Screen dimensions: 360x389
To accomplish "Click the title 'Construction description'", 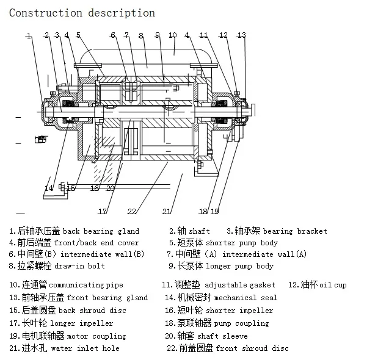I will (82, 13).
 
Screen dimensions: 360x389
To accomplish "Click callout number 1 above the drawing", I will (29, 36).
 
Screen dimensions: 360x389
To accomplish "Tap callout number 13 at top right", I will (242, 35).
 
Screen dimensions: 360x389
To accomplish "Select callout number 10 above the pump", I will (173, 35).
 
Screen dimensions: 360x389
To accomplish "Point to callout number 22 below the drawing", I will (131, 211).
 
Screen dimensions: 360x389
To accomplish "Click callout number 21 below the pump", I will (166, 211).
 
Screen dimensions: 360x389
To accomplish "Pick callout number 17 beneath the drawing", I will (103, 211).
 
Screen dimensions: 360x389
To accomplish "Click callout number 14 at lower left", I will (49, 188).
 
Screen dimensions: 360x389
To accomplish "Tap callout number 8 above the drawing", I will (141, 35).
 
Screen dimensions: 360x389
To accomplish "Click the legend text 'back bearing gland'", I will (101, 231).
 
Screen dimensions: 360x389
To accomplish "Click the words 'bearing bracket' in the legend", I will (295, 231).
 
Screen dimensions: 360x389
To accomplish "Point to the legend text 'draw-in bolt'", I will (79, 266).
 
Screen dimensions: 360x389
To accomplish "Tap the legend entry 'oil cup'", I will (332, 285).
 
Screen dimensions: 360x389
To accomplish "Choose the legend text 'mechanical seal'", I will (245, 298).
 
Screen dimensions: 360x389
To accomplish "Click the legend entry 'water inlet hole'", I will (85, 348).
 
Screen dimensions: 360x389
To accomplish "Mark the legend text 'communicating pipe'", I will (85, 285).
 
